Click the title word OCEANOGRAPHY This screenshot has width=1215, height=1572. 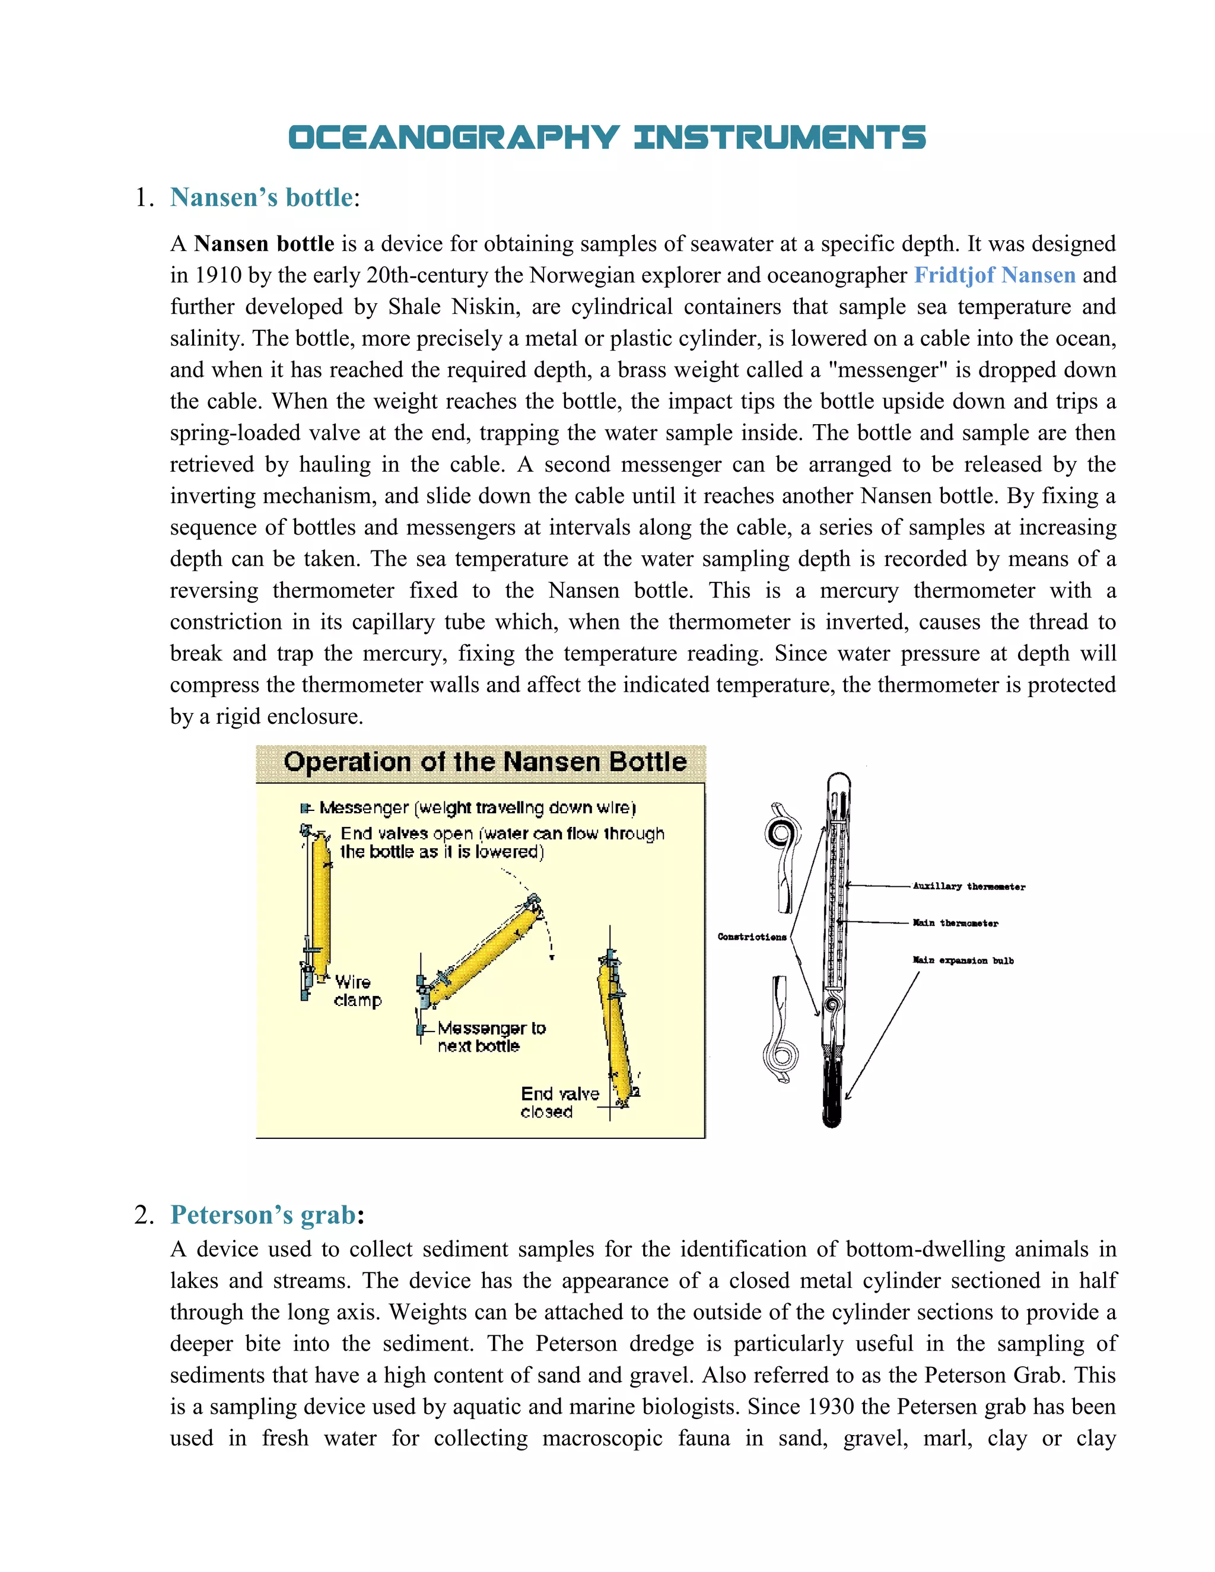[453, 138]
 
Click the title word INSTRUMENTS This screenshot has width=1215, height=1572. [780, 138]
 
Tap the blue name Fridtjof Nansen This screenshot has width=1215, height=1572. [994, 275]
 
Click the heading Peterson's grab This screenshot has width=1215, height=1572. [263, 1215]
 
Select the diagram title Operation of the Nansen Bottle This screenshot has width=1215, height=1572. [485, 762]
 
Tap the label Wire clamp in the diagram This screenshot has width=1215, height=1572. [357, 991]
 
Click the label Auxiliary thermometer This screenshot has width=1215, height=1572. [968, 886]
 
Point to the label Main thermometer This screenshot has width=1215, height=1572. [955, 923]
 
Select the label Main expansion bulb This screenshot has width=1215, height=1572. [962, 960]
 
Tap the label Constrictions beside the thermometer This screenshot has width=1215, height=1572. [752, 937]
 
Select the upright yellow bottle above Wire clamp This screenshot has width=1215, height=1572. [320, 903]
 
